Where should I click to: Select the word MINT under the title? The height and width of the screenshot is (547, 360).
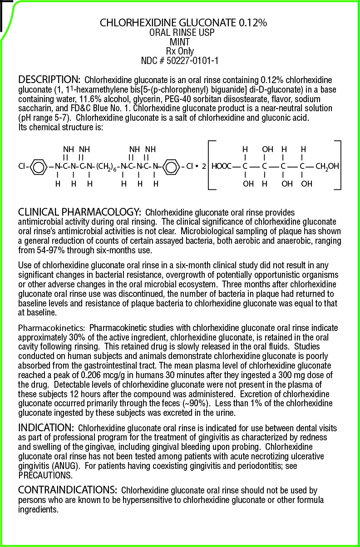tap(180, 42)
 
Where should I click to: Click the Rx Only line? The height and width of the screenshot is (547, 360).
tap(180, 51)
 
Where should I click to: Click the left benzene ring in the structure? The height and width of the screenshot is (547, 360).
tap(39, 167)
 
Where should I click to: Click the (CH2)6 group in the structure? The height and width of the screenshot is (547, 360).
tap(107, 167)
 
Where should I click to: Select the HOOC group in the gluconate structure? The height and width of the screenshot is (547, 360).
tap(221, 167)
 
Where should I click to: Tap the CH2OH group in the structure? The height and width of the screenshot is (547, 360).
tap(327, 167)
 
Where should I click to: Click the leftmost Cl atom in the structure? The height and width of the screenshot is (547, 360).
tap(22, 167)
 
